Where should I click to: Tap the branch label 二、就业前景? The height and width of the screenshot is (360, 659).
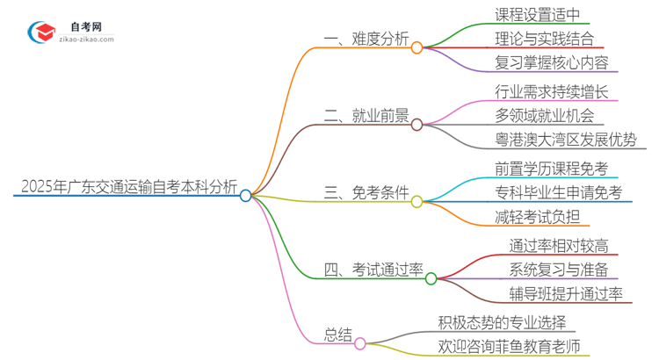(x=367, y=116)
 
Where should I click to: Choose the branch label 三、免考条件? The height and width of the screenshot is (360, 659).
(x=366, y=193)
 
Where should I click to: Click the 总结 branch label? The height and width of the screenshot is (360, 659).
(x=337, y=335)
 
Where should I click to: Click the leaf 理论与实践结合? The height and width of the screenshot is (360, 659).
(x=545, y=39)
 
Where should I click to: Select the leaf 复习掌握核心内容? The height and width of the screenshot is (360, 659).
(x=551, y=63)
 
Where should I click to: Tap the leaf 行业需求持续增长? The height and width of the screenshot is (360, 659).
(x=552, y=91)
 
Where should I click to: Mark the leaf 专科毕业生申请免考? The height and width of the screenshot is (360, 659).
(x=558, y=192)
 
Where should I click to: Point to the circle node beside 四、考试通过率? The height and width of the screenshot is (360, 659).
(x=431, y=279)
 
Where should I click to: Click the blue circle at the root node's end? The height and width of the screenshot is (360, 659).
(x=246, y=196)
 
